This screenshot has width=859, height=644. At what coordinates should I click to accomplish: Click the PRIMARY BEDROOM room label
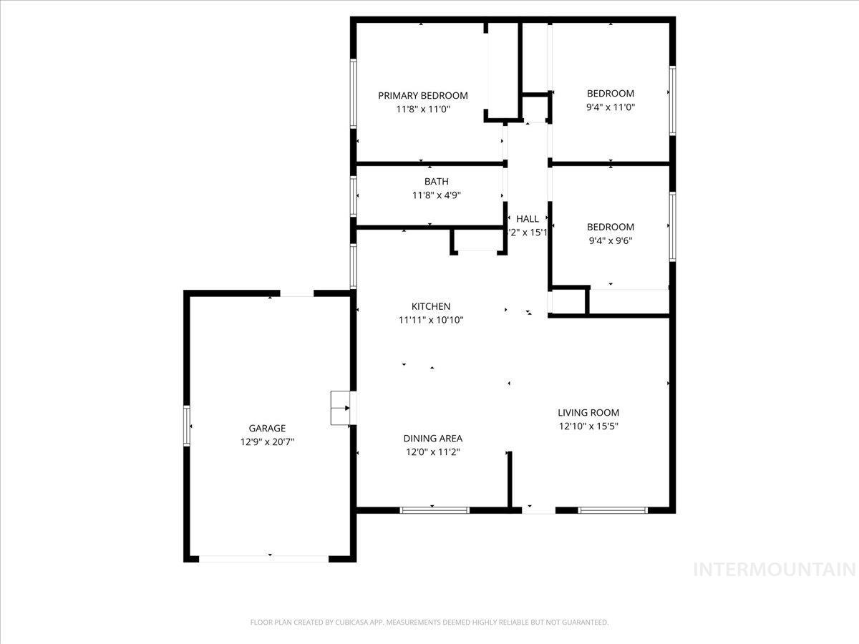(422, 95)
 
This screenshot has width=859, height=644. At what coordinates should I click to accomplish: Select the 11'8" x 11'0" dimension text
(422, 109)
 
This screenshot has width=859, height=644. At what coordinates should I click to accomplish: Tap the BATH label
(436, 182)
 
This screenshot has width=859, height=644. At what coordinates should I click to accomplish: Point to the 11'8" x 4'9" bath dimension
(436, 195)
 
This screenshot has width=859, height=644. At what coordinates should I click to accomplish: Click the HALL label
(528, 219)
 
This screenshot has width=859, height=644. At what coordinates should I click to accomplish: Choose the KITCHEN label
(431, 306)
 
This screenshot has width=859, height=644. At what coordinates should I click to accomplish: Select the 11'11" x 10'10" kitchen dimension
(431, 320)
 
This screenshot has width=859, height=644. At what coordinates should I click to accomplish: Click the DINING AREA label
(432, 438)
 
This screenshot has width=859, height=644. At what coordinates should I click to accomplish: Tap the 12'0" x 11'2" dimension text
(432, 452)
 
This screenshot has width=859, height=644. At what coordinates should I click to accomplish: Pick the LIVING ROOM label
(588, 412)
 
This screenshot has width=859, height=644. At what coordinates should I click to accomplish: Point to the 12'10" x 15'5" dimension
(588, 426)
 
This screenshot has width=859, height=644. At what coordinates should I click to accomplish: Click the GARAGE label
(267, 428)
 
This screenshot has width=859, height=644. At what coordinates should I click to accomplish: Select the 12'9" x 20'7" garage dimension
(267, 442)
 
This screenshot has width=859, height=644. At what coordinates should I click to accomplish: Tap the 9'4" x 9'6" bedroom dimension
(610, 240)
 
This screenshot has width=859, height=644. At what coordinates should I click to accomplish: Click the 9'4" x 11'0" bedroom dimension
(610, 107)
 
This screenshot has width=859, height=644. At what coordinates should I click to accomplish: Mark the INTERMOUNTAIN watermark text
(775, 570)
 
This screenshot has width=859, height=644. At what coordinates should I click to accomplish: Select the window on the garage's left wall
(188, 426)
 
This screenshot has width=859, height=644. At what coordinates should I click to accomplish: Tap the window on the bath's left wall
(354, 196)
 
